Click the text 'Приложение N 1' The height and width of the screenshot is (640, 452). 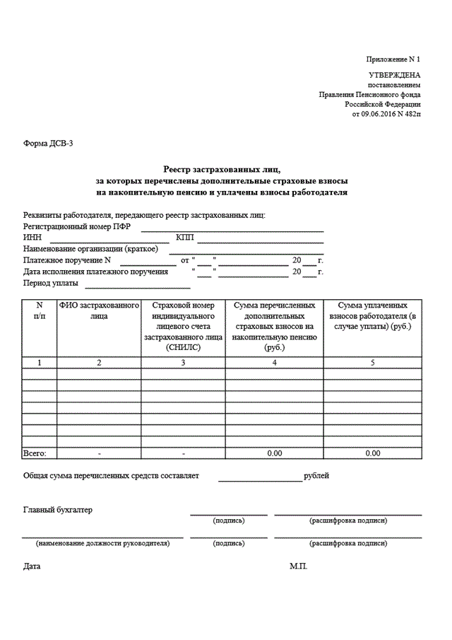[x=394, y=59]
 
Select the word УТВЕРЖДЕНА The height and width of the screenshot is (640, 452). [x=395, y=74]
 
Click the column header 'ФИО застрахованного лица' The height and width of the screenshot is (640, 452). [x=99, y=310]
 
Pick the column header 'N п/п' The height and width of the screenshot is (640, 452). [x=40, y=310]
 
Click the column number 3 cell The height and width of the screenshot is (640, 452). [x=183, y=362]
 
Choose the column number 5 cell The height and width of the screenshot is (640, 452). [x=373, y=362]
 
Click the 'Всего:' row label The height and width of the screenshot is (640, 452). [x=35, y=453]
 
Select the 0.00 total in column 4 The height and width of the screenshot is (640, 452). [x=275, y=453]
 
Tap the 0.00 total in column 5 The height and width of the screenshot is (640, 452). [x=373, y=453]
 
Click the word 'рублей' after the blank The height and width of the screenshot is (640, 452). [x=316, y=476]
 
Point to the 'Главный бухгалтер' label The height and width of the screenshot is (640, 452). [x=57, y=509]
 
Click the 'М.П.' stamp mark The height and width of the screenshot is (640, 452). [x=298, y=566]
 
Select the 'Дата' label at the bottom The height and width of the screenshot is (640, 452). [x=32, y=566]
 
